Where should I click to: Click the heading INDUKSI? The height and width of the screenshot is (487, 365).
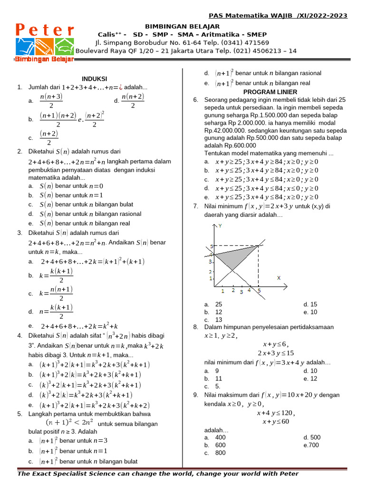[94, 78]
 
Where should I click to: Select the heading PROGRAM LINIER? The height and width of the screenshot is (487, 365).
[270, 92]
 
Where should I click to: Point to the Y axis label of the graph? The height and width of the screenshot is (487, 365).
[220, 226]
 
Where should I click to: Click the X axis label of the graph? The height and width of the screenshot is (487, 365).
[279, 278]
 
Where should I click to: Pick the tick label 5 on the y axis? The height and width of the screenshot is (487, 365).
[212, 246]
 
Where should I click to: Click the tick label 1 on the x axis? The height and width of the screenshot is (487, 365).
[222, 290]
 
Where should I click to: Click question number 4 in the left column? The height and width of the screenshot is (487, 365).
[19, 336]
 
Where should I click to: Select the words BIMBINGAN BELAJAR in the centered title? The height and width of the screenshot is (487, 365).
[182, 27]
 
